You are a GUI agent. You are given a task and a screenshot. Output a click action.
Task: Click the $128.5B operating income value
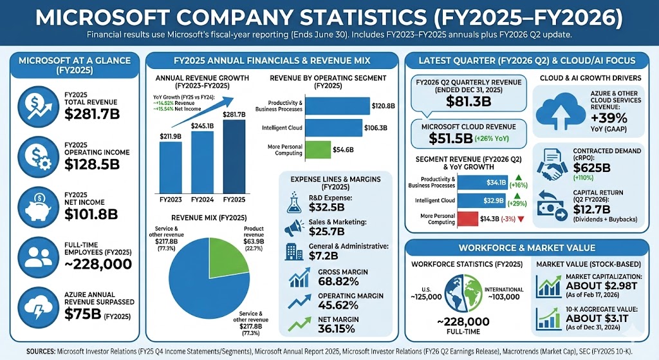point(92,164)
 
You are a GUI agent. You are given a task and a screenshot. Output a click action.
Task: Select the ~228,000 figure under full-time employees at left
point(98,264)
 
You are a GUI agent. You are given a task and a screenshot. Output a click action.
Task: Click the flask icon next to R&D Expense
point(293,203)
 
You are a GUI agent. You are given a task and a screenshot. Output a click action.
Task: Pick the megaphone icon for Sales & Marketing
point(293,227)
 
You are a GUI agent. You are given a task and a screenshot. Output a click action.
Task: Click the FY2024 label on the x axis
point(202,200)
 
